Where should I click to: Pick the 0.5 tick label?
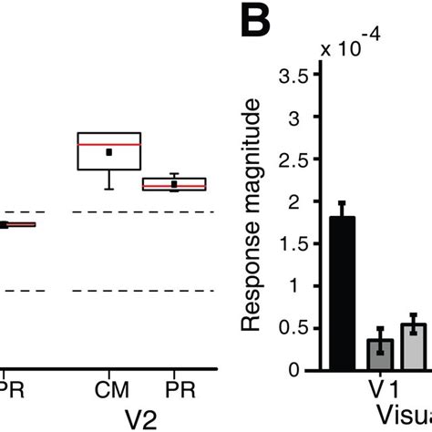[298, 328]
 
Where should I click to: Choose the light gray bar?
[414, 346]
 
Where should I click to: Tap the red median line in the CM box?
[109, 144]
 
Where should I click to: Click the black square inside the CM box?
[109, 152]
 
